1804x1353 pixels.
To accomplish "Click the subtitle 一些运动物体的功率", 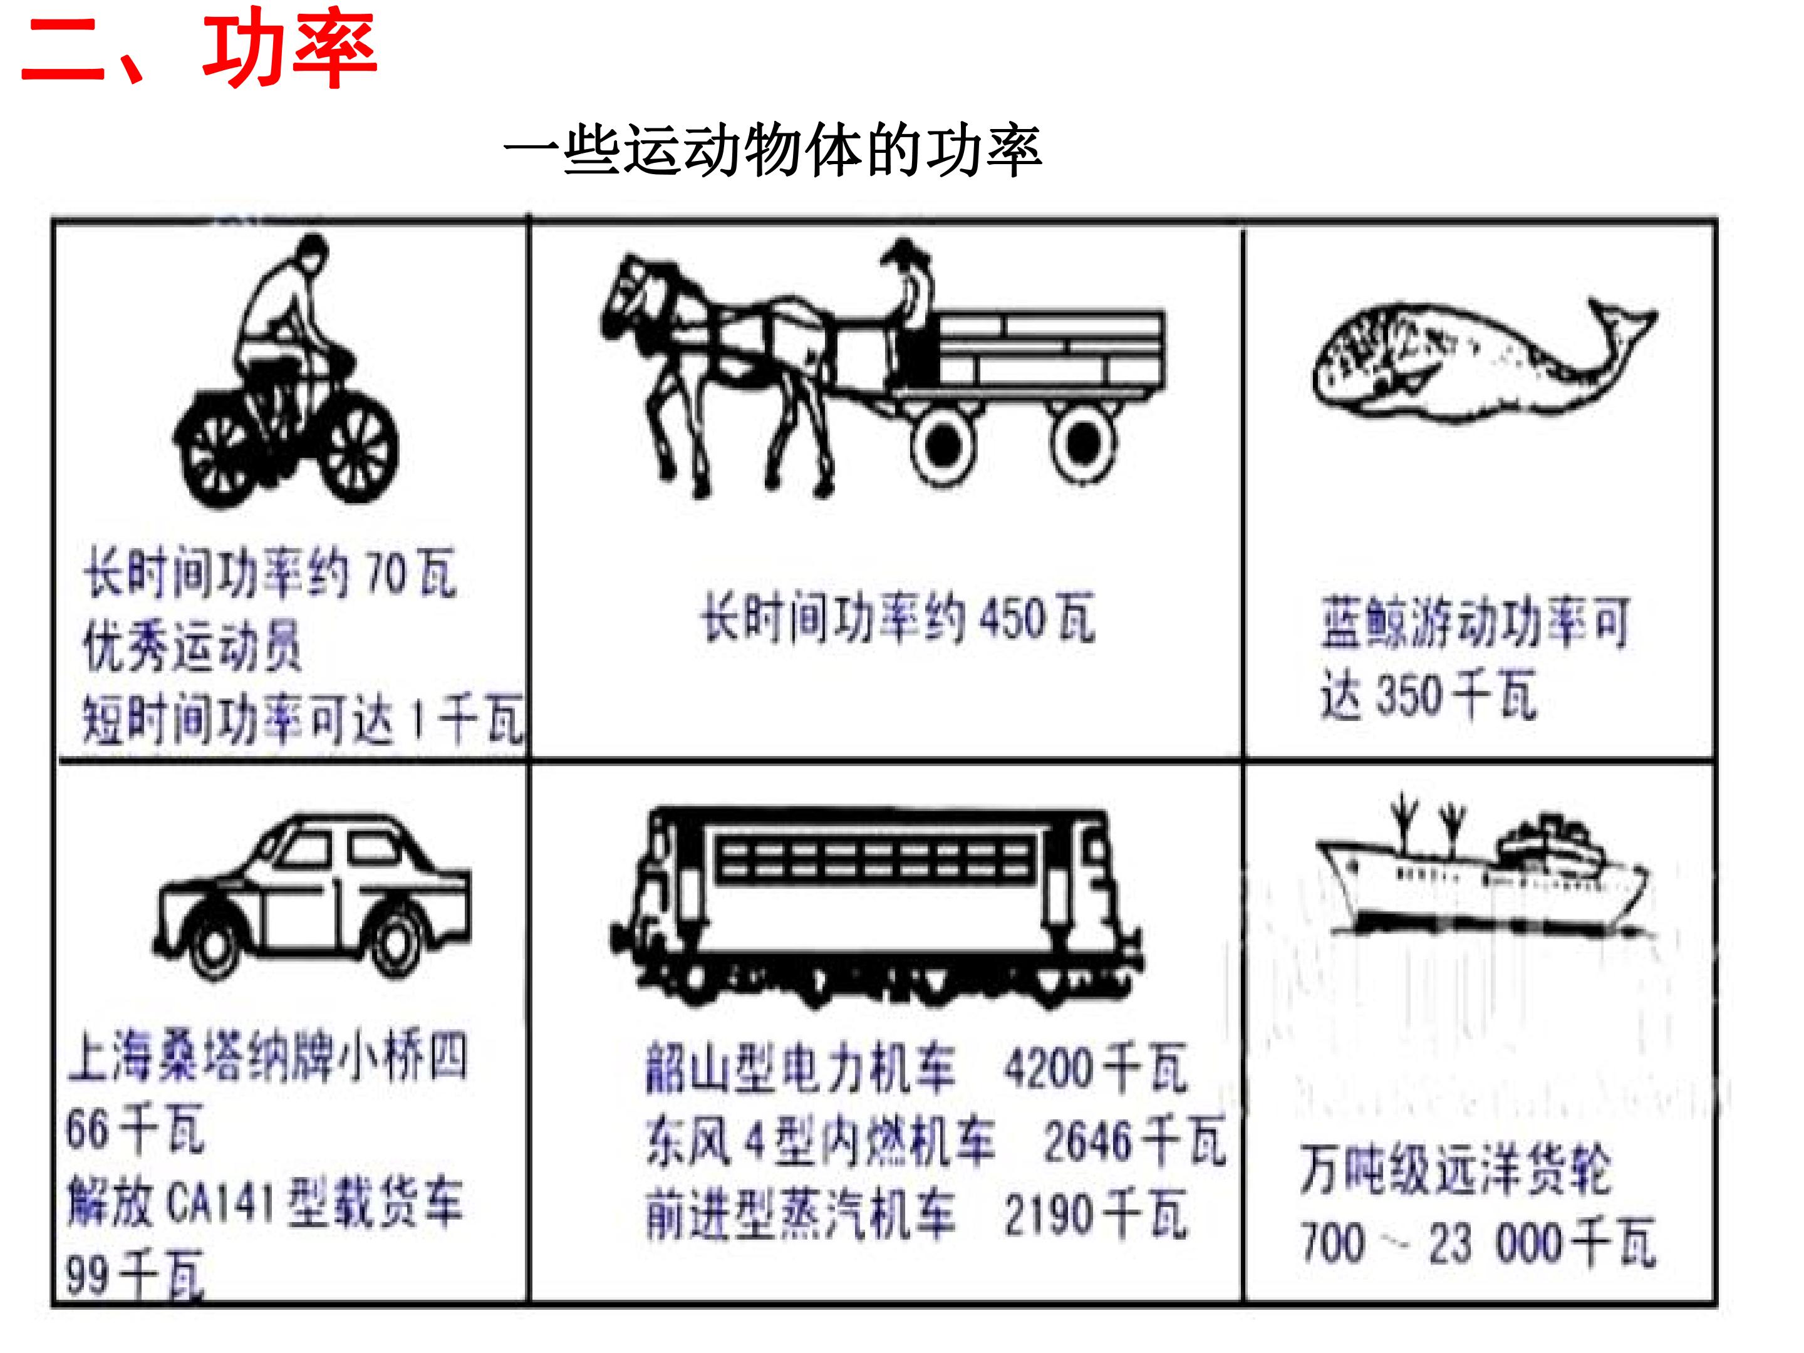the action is (x=772, y=151).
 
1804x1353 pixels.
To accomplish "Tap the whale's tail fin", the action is (x=1619, y=326).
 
